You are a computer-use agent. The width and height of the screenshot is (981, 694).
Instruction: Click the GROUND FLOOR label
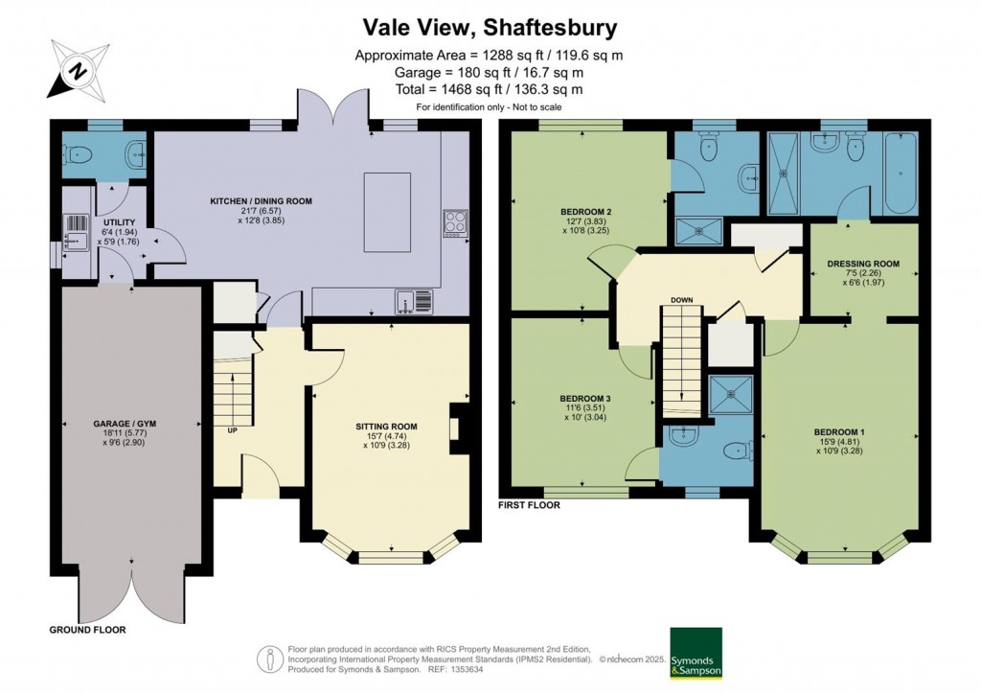[87, 630]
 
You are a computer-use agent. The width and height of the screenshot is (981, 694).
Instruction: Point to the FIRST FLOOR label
[529, 504]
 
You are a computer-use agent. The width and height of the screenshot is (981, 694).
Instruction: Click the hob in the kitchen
[452, 222]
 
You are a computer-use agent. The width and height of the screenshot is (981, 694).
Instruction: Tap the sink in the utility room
[75, 227]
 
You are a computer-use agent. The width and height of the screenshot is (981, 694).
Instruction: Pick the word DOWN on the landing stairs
[681, 300]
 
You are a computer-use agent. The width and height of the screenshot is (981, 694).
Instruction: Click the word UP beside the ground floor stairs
[232, 430]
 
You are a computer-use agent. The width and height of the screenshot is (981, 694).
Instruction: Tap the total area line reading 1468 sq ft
[489, 89]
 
